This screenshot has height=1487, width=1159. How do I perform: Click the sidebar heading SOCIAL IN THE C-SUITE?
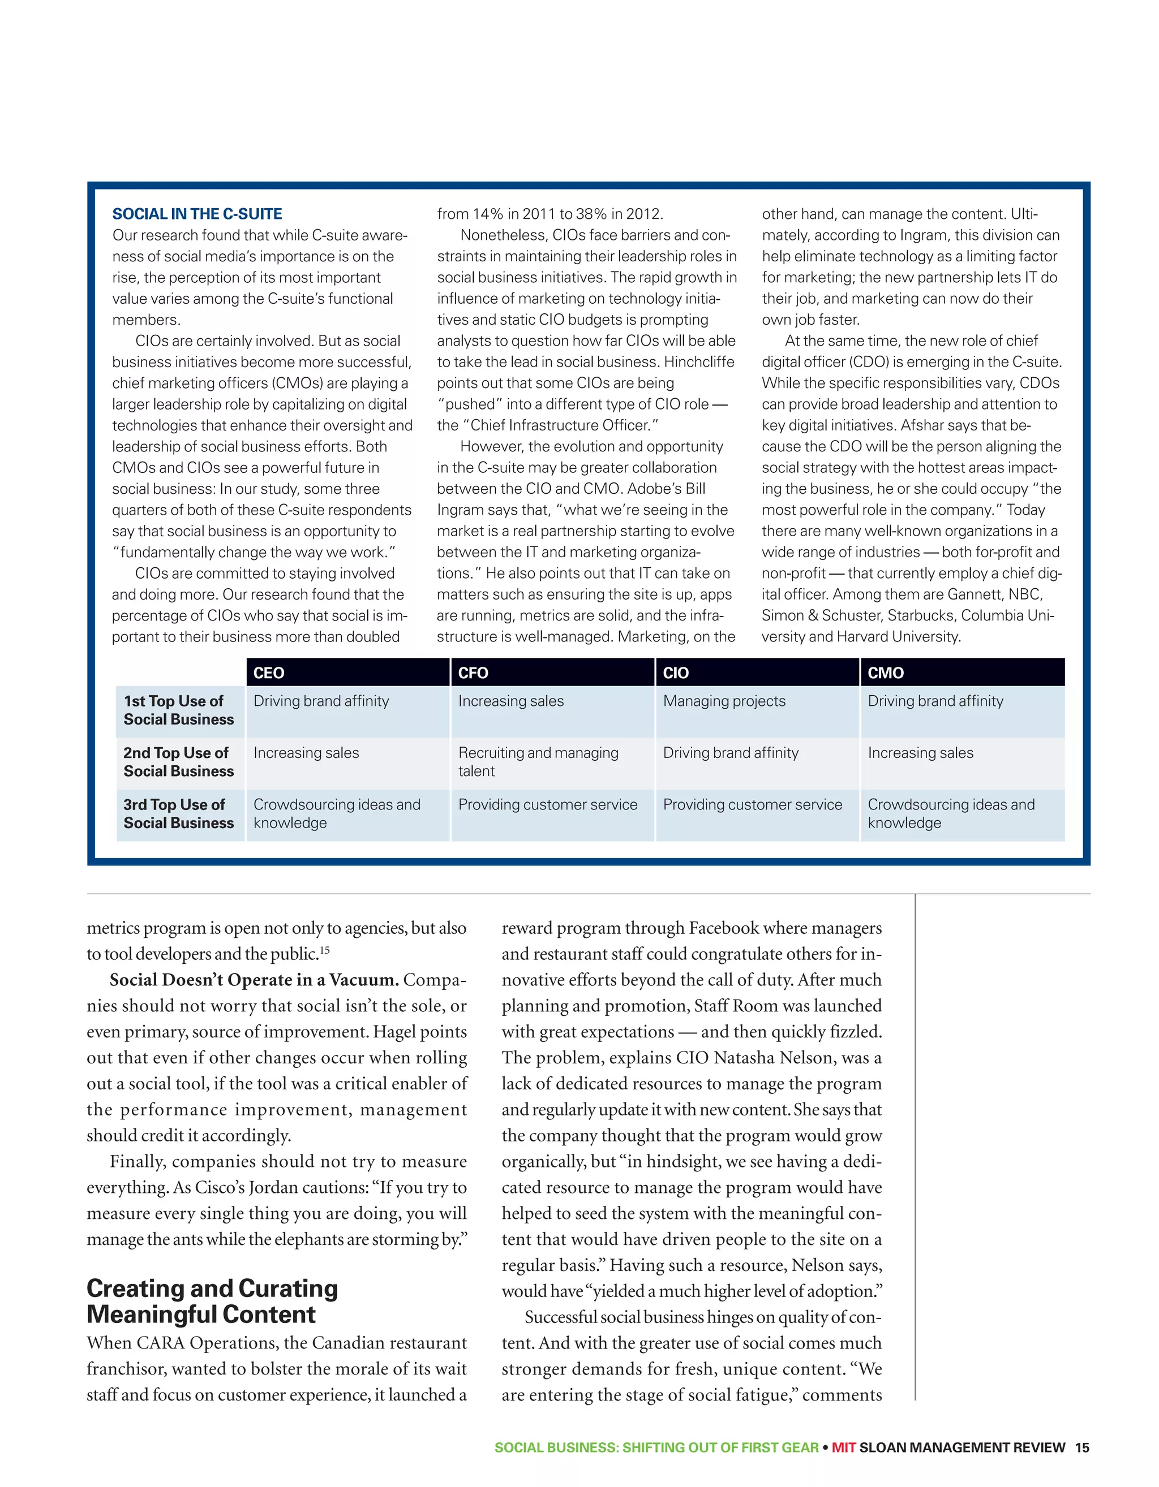tap(197, 214)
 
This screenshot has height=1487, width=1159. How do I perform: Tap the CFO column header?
tap(473, 673)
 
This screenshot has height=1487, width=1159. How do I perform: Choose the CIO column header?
tap(675, 673)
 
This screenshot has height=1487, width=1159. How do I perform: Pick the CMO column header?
tap(885, 673)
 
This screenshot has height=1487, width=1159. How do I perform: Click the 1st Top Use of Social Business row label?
tap(178, 710)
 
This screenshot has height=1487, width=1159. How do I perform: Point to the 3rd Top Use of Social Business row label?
tap(178, 813)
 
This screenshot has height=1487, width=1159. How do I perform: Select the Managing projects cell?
tap(724, 701)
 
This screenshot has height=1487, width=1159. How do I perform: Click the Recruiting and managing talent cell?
tap(538, 761)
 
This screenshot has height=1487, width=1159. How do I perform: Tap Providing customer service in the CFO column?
tap(547, 805)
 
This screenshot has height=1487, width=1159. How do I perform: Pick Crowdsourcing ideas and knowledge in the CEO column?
tap(337, 813)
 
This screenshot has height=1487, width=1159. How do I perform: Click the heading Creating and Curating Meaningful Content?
tap(212, 1301)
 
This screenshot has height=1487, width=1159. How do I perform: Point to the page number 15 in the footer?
tap(1082, 1447)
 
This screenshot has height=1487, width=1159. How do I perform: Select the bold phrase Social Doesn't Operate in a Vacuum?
tap(254, 980)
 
